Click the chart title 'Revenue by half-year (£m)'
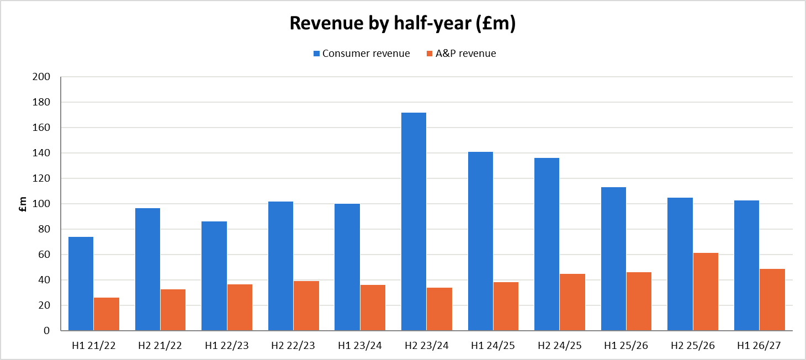(402, 23)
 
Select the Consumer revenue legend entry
(362, 54)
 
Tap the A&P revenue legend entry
(462, 54)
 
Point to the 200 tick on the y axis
(41, 77)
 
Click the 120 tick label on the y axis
(41, 178)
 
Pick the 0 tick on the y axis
(47, 331)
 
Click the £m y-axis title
(23, 204)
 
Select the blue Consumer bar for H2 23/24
(414, 221)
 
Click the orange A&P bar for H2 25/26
(706, 292)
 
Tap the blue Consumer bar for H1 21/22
(81, 284)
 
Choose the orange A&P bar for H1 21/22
(107, 314)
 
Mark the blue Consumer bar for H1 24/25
(480, 241)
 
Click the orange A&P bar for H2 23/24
(439, 309)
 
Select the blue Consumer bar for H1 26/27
(746, 266)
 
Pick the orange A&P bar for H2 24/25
(572, 302)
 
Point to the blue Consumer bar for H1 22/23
(214, 276)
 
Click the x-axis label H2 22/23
(293, 346)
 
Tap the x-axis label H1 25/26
(626, 346)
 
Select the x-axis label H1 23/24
(360, 346)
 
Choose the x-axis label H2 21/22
(160, 346)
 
